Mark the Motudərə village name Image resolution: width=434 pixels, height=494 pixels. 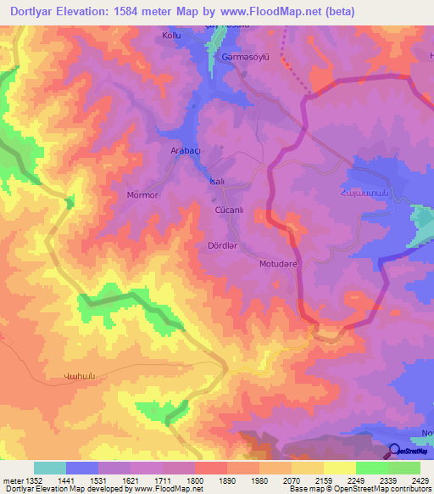click(277, 263)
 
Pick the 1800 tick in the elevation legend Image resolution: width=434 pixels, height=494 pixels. click(194, 481)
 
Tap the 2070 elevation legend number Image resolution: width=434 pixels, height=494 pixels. click(291, 481)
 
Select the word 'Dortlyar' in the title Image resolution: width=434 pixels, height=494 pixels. click(35, 11)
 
